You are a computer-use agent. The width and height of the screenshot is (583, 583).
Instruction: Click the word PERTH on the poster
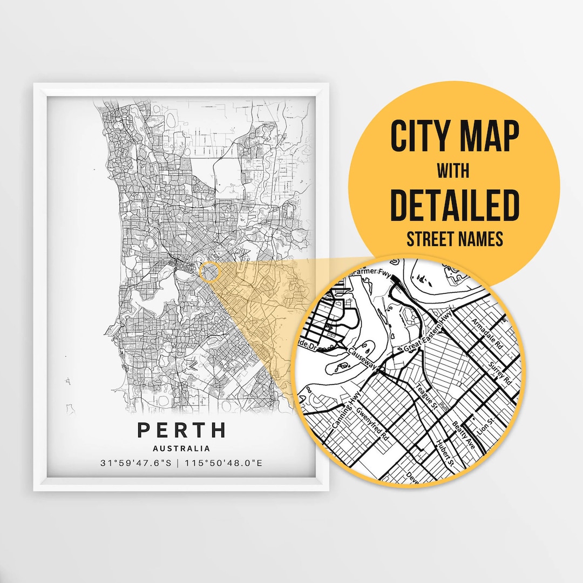(181, 430)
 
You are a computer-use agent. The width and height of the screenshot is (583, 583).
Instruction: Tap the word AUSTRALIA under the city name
(181, 448)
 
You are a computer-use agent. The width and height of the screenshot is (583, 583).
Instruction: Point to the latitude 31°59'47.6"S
(139, 463)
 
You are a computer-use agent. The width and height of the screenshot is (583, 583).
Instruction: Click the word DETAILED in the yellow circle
(454, 205)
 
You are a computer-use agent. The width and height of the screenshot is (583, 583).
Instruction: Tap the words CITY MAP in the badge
(454, 137)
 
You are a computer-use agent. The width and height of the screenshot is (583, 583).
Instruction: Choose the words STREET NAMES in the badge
(454, 239)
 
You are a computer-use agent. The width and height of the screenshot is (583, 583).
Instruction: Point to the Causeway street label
(362, 357)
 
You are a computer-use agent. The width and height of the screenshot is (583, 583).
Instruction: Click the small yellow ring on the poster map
(209, 272)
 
